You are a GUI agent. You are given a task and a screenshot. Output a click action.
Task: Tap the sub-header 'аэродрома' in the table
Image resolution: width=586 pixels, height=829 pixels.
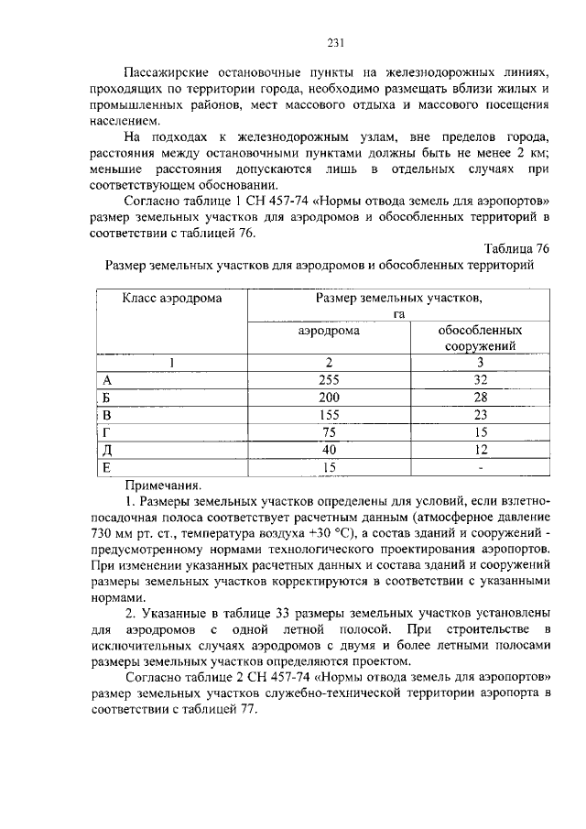coord(329,331)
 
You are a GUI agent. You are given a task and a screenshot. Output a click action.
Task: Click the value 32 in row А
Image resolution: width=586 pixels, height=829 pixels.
coord(481,380)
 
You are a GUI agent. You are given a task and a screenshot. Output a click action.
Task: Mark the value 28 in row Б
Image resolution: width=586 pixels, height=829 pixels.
coord(481,398)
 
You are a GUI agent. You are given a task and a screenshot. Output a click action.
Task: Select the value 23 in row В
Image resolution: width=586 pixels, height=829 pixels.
coord(481,415)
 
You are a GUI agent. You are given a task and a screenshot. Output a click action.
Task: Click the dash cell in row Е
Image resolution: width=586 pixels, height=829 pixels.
coord(481,467)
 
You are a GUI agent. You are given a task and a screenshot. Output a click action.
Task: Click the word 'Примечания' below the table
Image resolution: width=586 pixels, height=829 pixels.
coord(162,485)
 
